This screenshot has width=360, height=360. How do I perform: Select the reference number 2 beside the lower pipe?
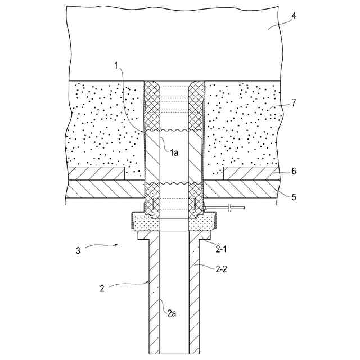(102, 289)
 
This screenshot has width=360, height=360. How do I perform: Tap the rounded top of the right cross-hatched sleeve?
(196, 87)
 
